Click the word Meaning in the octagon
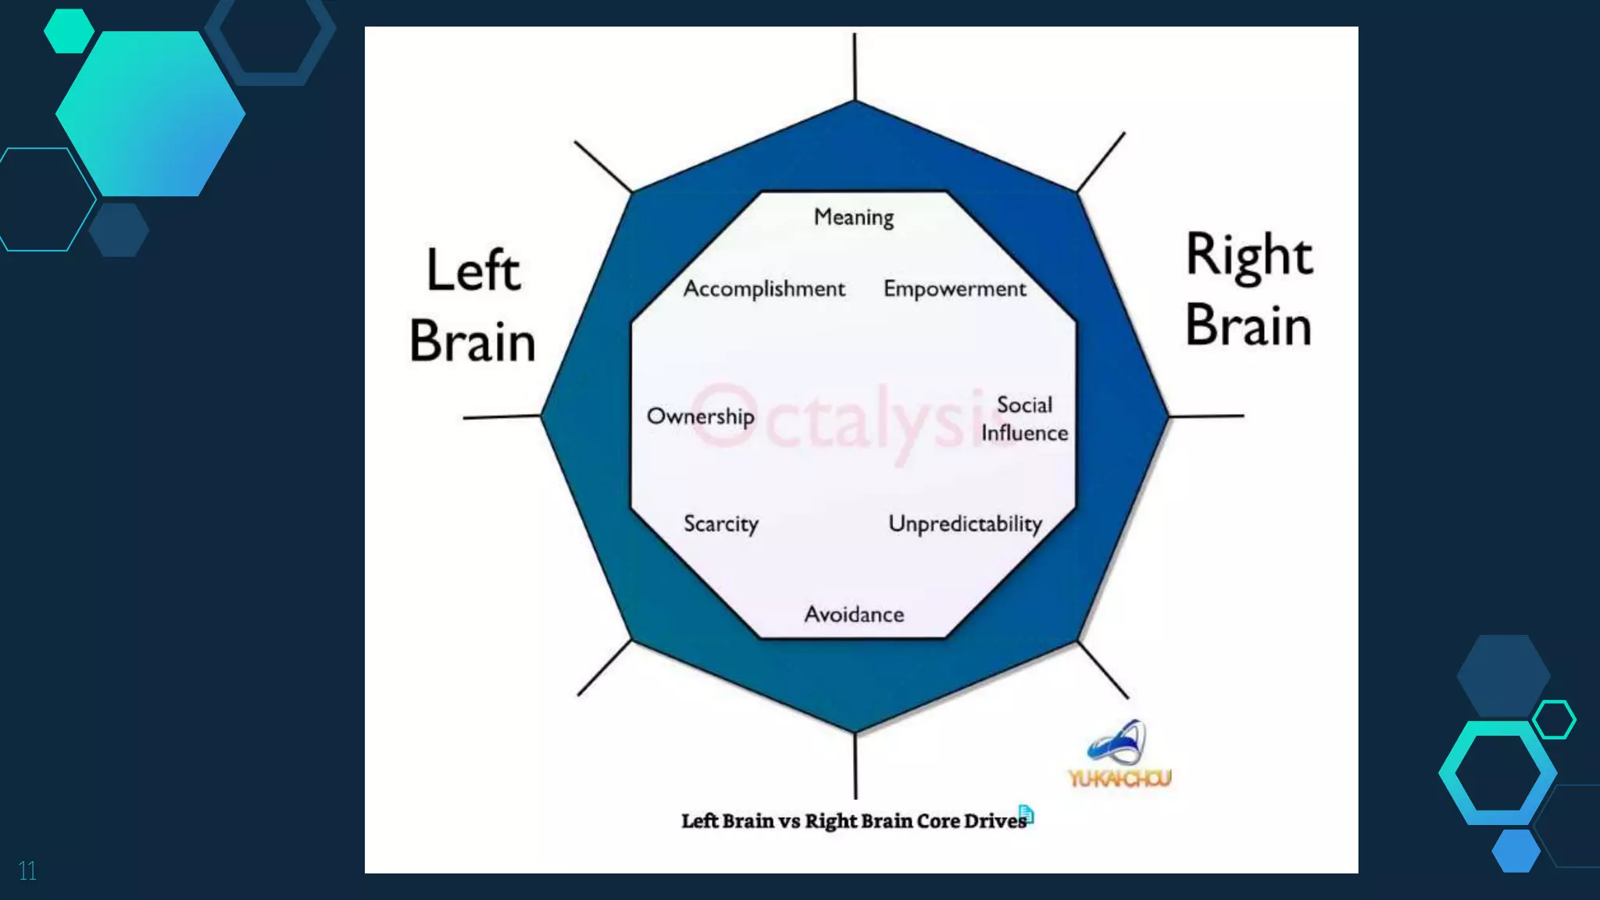[853, 217]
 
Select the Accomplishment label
[764, 289]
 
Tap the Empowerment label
[954, 289]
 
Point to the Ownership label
[701, 416]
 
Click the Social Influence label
[1024, 419]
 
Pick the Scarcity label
[720, 523]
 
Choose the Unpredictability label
[965, 523]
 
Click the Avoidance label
[854, 615]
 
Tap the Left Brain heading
[473, 305]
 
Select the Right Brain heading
[1248, 290]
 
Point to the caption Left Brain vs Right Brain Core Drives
[853, 821]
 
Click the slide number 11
[27, 871]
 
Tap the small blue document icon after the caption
[1027, 814]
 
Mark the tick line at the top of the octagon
[855, 66]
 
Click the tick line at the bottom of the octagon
[855, 766]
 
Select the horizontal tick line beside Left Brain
[502, 417]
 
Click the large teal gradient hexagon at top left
[150, 113]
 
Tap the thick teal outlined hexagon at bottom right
[1498, 773]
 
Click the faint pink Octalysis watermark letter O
[723, 415]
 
